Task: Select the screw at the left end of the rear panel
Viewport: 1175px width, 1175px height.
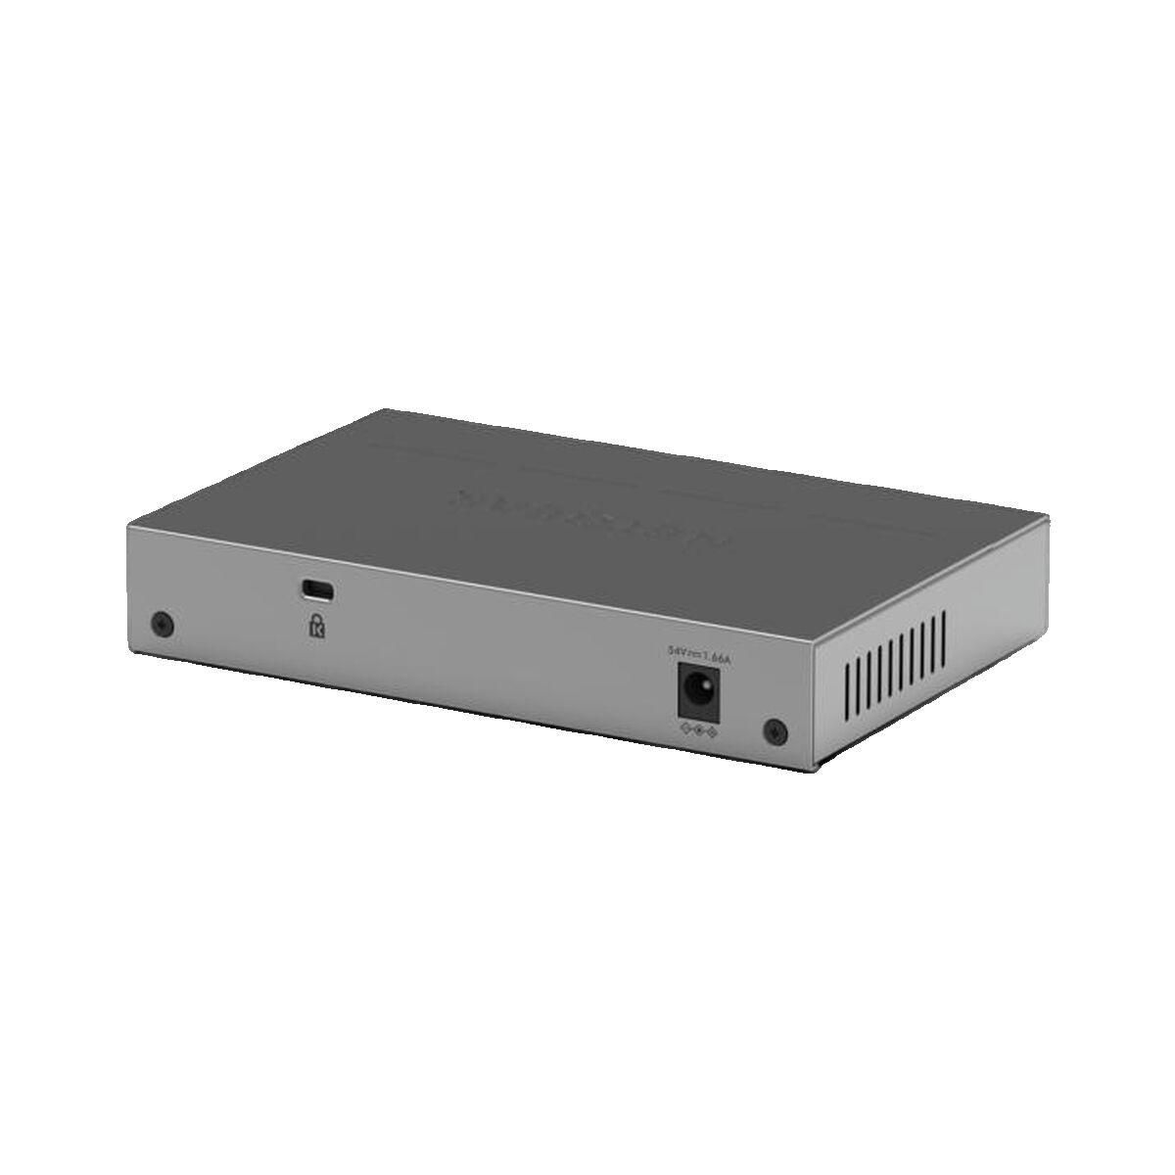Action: [x=163, y=624]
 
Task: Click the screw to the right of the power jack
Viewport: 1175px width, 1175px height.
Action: [x=774, y=729]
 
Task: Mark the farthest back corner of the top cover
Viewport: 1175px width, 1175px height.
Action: [x=384, y=409]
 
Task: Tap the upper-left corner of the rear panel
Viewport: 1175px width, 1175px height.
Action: [x=127, y=526]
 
